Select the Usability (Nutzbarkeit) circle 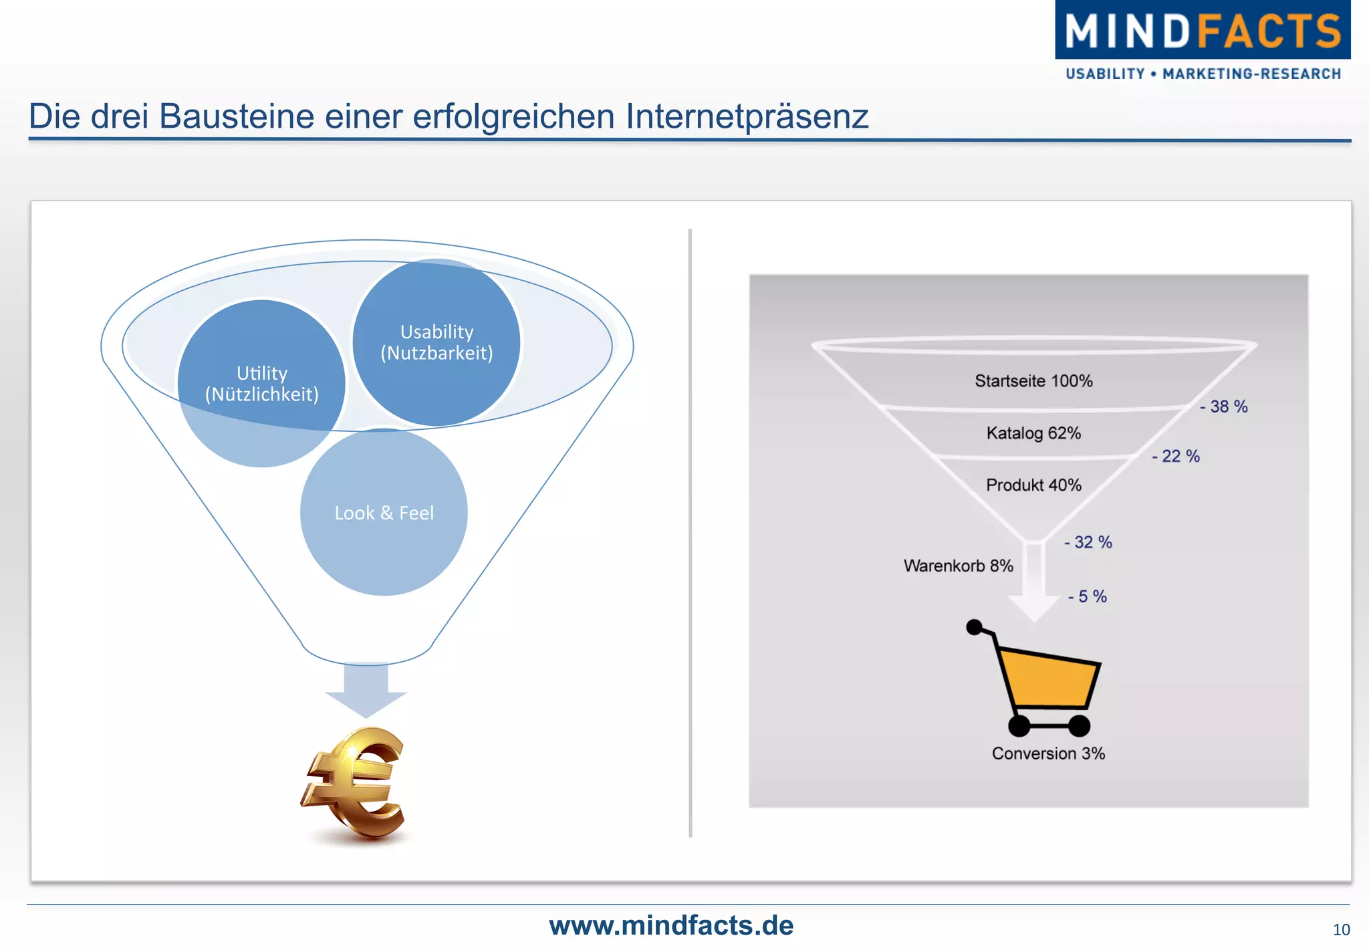[437, 342]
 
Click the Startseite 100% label [1033, 381]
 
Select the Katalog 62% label [1033, 433]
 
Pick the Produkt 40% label [1033, 485]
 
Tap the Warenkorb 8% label [958, 566]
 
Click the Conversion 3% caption [1048, 753]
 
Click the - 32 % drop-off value [1088, 542]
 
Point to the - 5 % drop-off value [1087, 596]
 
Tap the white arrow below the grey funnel [1034, 588]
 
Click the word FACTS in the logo [1268, 31]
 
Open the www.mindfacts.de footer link [671, 925]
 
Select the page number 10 [1341, 929]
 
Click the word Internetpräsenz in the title [747, 116]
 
